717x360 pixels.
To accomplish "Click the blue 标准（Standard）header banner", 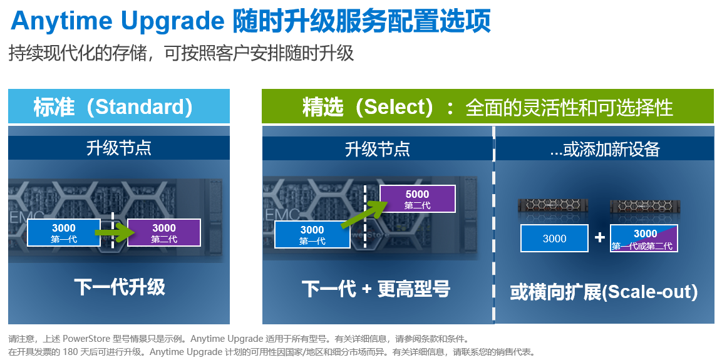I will click(x=119, y=106).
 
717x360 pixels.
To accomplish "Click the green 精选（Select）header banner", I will click(x=487, y=106).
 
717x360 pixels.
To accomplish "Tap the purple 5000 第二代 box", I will click(x=417, y=199).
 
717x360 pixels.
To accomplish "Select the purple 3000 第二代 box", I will click(x=164, y=232).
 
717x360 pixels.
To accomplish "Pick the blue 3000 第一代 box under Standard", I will click(x=64, y=232).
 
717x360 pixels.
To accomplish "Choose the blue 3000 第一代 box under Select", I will click(x=312, y=235).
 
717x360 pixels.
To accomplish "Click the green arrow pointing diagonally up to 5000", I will click(x=361, y=212).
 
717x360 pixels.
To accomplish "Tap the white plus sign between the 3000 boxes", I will click(x=599, y=238).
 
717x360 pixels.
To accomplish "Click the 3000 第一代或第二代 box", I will click(x=644, y=239).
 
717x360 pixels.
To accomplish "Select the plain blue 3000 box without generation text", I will click(x=554, y=239).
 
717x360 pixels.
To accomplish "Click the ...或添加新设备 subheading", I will click(x=604, y=149).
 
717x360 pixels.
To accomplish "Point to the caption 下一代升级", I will click(x=120, y=287).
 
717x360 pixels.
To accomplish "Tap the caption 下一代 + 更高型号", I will click(x=376, y=289).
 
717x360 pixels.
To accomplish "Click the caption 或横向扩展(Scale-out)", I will click(x=604, y=292).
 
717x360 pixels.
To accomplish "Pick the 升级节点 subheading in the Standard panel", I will click(x=119, y=148).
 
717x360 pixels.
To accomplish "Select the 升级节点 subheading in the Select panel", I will click(x=377, y=149).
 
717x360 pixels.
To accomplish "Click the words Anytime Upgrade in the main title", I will click(x=118, y=21).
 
